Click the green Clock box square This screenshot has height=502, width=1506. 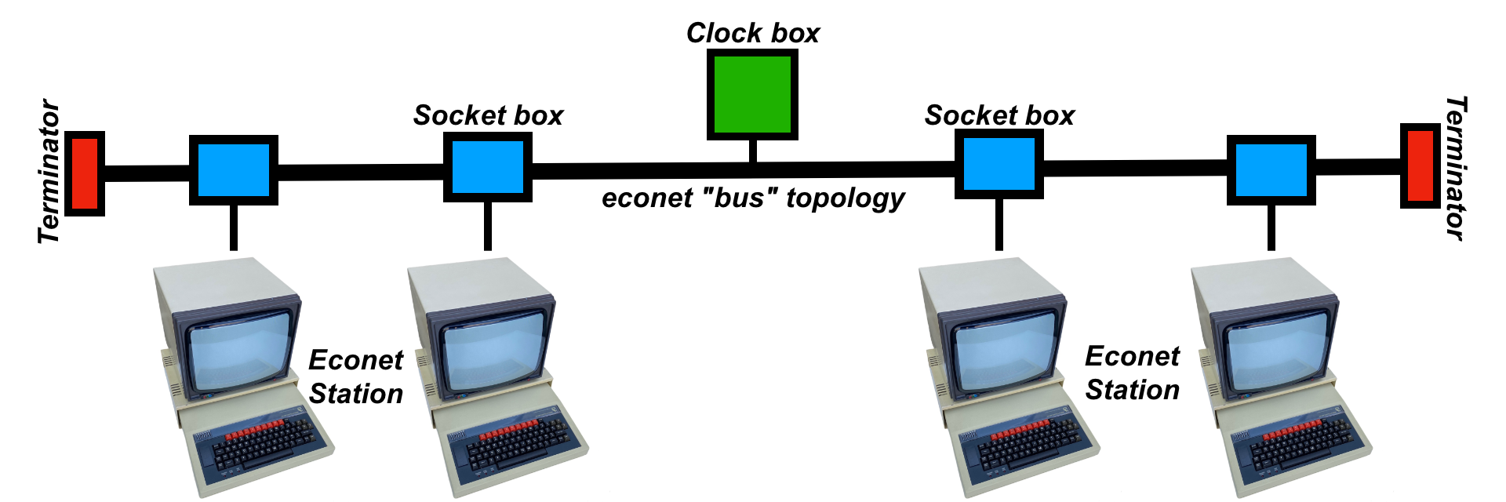pyautogui.click(x=752, y=94)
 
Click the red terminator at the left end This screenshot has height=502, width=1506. pyautogui.click(x=85, y=173)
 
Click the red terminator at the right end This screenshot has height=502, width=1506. pyautogui.click(x=1421, y=166)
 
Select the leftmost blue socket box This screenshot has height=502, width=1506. pyautogui.click(x=234, y=170)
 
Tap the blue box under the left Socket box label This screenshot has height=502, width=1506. pyautogui.click(x=488, y=167)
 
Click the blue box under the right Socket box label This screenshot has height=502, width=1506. pyautogui.click(x=999, y=164)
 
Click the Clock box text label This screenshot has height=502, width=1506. pyautogui.click(x=752, y=33)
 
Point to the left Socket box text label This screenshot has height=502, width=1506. pyautogui.click(x=488, y=115)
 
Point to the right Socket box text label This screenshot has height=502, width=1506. pyautogui.click(x=999, y=115)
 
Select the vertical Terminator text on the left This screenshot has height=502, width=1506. pyautogui.click(x=49, y=171)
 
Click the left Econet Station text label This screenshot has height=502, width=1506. pyautogui.click(x=355, y=376)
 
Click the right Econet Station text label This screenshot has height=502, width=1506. pyautogui.click(x=1132, y=373)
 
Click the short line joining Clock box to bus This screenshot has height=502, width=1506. pyautogui.click(x=752, y=151)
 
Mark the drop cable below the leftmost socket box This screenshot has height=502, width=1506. pyautogui.click(x=234, y=227)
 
